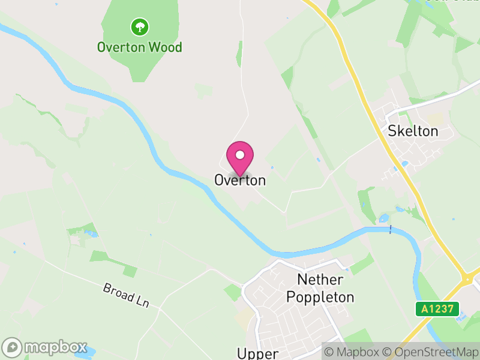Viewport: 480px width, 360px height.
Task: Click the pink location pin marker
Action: pyautogui.click(x=240, y=158)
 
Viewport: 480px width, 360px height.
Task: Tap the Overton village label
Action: pyautogui.click(x=240, y=180)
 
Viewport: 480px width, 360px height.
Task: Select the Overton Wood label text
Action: pyautogui.click(x=140, y=47)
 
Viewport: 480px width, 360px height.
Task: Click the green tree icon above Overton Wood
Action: pyautogui.click(x=140, y=26)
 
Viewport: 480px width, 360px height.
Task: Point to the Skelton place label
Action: pyautogui.click(x=413, y=131)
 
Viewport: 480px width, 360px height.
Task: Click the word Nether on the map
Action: pyautogui.click(x=320, y=280)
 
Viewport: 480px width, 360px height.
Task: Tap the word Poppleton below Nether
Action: pyautogui.click(x=320, y=297)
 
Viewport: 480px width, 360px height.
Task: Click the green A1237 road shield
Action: pyautogui.click(x=437, y=309)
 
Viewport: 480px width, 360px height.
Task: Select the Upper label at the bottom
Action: pyautogui.click(x=259, y=353)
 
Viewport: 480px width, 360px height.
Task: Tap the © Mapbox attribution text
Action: pyautogui.click(x=353, y=352)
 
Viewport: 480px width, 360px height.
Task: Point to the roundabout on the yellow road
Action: pyautogui.click(x=469, y=278)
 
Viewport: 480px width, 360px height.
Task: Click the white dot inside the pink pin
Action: pyautogui.click(x=240, y=155)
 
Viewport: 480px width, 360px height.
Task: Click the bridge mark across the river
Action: pyautogui.click(x=391, y=229)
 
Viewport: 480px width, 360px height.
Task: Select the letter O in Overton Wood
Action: pyautogui.click(x=102, y=47)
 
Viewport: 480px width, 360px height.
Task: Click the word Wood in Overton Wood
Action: pyautogui.click(x=166, y=47)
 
